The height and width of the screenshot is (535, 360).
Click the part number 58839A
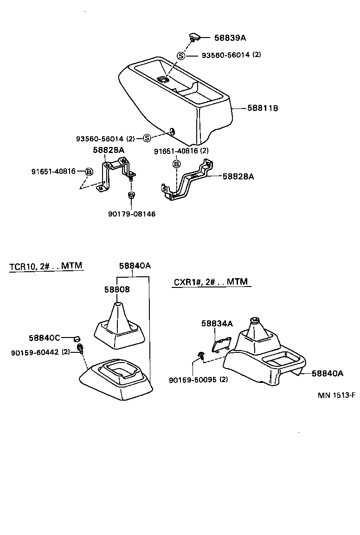(230, 38)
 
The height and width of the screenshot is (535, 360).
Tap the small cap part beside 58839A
(194, 36)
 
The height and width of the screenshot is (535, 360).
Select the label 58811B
(262, 108)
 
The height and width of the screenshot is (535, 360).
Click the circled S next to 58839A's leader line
(181, 56)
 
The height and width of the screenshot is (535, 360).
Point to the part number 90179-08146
(132, 214)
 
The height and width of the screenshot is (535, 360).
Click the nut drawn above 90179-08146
(131, 195)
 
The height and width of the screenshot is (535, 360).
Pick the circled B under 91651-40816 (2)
(176, 164)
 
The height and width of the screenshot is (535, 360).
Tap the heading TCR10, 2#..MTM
(45, 266)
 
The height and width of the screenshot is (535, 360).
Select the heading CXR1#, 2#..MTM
(211, 282)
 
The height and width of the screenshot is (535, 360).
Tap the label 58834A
(217, 324)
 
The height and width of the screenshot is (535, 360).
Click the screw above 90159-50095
(200, 355)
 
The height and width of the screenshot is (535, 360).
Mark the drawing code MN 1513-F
(336, 395)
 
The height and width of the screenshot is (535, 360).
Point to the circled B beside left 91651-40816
(89, 172)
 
